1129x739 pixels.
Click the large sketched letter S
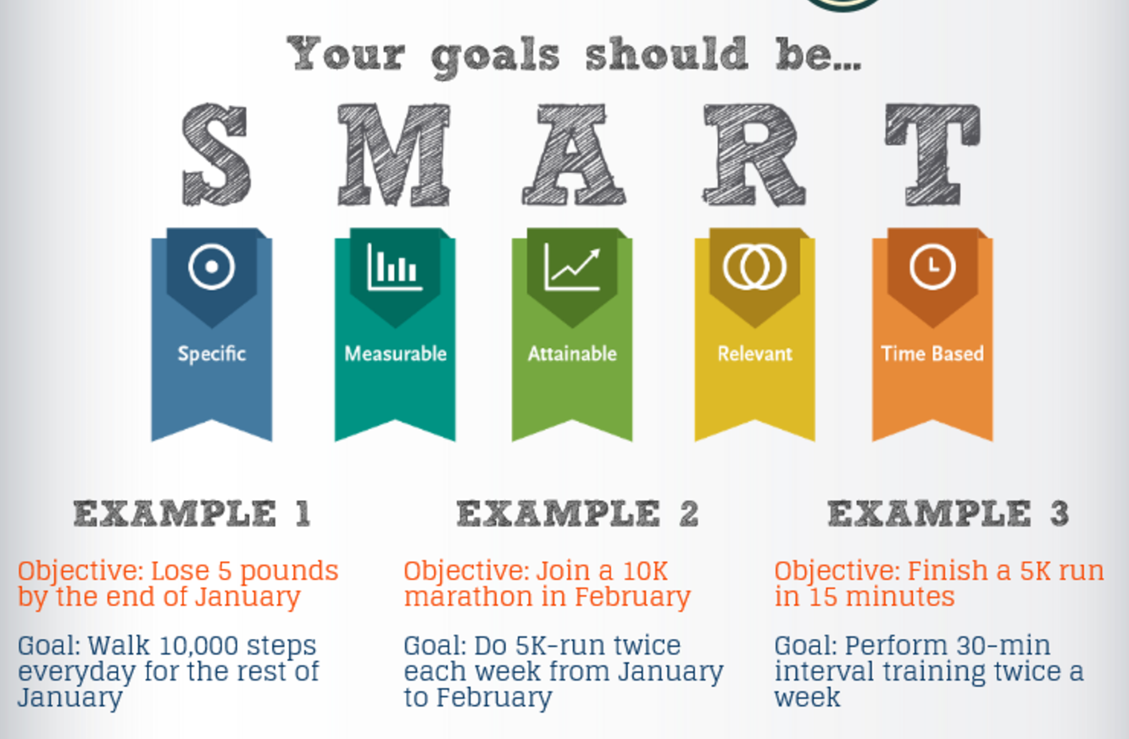[x=216, y=154]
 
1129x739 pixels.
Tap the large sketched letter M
[x=394, y=155]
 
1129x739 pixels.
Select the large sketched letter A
[x=574, y=155]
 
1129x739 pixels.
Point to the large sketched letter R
[x=754, y=155]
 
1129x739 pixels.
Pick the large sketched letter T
[x=932, y=155]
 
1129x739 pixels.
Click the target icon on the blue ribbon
[x=212, y=267]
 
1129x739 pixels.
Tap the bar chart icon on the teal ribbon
[x=395, y=267]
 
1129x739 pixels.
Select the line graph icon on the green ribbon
[x=573, y=268]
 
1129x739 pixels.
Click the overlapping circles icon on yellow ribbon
[x=754, y=267]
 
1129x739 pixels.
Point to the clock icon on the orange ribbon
[x=932, y=267]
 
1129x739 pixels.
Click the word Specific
[x=212, y=354]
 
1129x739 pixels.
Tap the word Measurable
[x=396, y=353]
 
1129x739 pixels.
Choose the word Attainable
[x=573, y=353]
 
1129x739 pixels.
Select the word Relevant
[x=755, y=353]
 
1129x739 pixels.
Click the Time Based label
[x=932, y=353]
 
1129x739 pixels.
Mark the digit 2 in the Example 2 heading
[x=689, y=514]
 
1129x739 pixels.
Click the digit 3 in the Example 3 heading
[x=1059, y=514]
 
